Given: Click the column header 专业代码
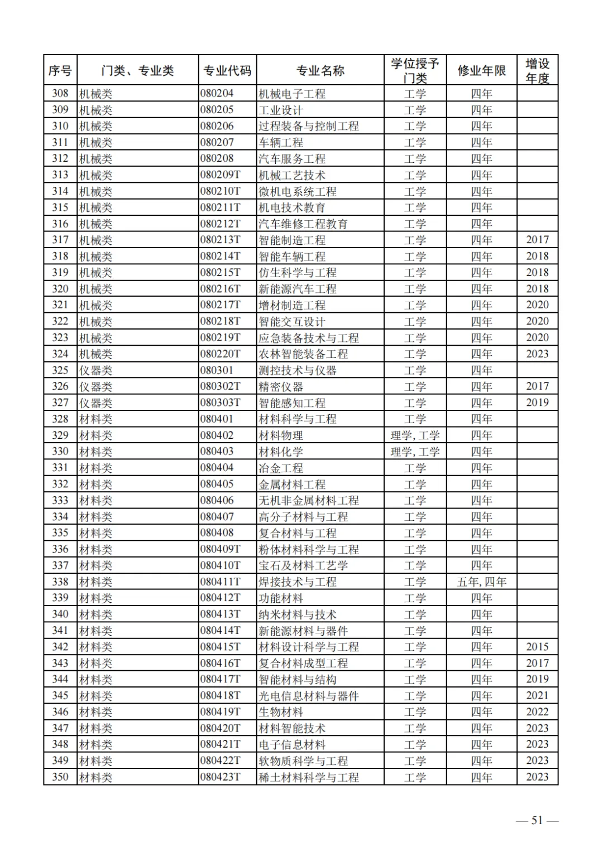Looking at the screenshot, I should [227, 71].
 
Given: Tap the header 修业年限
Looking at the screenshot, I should [481, 71].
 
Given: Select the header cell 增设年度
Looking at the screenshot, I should [537, 71].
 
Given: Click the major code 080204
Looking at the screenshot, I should [217, 94].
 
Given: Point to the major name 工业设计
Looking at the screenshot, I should [280, 110].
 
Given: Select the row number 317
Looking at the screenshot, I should [60, 240].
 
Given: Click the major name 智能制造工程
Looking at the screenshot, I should [292, 240].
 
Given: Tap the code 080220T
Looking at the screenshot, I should [221, 354].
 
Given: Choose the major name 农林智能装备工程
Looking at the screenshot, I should [303, 354].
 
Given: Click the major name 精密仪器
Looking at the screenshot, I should [280, 386].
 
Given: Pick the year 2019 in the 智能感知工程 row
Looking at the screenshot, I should [537, 403].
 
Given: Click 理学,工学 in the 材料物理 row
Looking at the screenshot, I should [415, 435].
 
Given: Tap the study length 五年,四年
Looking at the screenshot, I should [481, 582].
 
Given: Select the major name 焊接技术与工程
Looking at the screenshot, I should [298, 582].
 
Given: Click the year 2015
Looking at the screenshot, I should [537, 647].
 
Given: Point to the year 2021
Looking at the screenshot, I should [537, 696].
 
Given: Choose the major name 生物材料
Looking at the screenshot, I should [280, 712].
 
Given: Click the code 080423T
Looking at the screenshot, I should [221, 777].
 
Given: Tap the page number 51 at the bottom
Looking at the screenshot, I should [537, 820].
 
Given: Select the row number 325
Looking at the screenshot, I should [60, 370].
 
